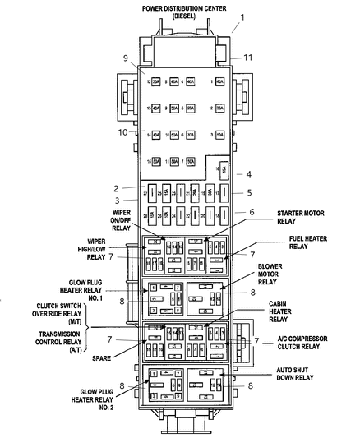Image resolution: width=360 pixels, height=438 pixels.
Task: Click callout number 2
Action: [118, 187]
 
